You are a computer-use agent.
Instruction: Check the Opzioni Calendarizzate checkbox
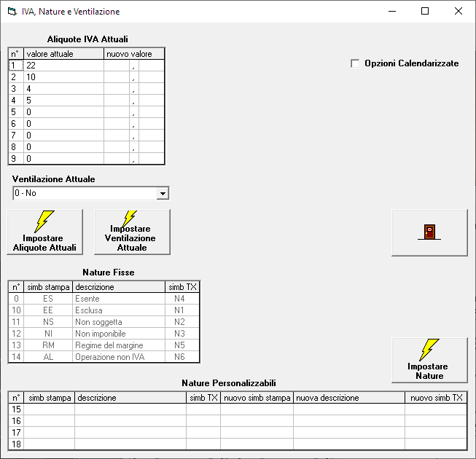coord(355,63)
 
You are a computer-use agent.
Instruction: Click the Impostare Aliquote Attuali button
coord(45,232)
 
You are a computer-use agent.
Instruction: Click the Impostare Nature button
coord(429,360)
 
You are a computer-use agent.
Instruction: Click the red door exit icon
coord(429,232)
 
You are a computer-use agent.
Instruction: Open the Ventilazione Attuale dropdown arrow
coord(163,193)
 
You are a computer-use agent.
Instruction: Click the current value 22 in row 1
coord(31,66)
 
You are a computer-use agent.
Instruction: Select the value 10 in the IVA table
coord(31,77)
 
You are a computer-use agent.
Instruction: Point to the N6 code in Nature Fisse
coord(179,357)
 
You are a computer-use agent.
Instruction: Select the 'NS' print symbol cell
coord(48,322)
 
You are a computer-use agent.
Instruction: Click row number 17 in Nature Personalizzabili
coord(16,433)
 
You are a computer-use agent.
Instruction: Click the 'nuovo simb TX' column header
coord(436,398)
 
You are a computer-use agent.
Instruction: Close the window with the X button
coord(459,11)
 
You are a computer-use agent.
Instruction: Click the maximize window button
coord(425,11)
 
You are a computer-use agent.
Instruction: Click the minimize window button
coord(392,11)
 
